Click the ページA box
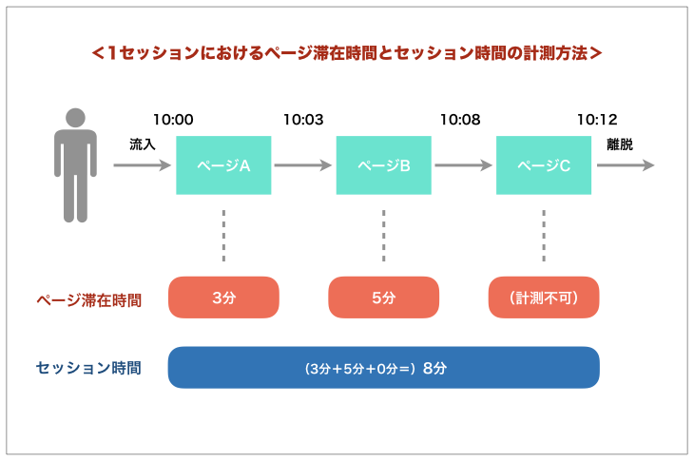pyautogui.click(x=223, y=165)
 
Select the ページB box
pyautogui.click(x=384, y=165)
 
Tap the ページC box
pyautogui.click(x=544, y=165)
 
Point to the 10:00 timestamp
pyautogui.click(x=173, y=120)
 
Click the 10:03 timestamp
pyautogui.click(x=303, y=120)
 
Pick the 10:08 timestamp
pyautogui.click(x=460, y=120)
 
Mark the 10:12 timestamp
pyautogui.click(x=597, y=120)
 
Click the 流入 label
pyautogui.click(x=142, y=144)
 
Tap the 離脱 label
pyautogui.click(x=620, y=144)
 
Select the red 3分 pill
pyautogui.click(x=223, y=298)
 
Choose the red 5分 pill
pyautogui.click(x=384, y=298)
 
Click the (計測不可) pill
pyautogui.click(x=544, y=298)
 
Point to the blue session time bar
pyautogui.click(x=384, y=368)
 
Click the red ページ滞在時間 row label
pyautogui.click(x=89, y=300)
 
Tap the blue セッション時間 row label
pyautogui.click(x=88, y=368)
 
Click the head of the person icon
pyautogui.click(x=75, y=118)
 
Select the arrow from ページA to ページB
pyautogui.click(x=303, y=165)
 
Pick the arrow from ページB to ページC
pyautogui.click(x=463, y=165)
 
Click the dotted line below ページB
pyautogui.click(x=384, y=236)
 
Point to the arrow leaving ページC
pyautogui.click(x=626, y=165)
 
